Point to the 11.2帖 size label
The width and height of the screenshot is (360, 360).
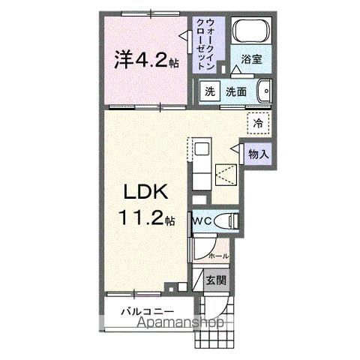pyautogui.click(x=147, y=220)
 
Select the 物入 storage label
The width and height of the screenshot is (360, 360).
pyautogui.click(x=258, y=154)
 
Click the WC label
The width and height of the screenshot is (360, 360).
pyautogui.click(x=200, y=222)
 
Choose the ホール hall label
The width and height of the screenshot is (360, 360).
pyautogui.click(x=218, y=256)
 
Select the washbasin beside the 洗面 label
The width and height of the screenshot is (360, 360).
pyautogui.click(x=262, y=92)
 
